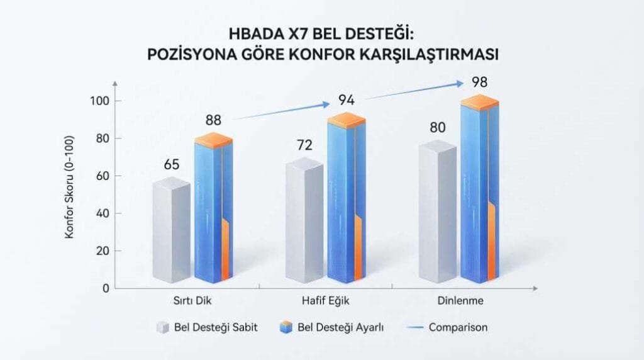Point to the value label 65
pos(172,165)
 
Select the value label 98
pos(480,82)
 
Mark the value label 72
pos(305,145)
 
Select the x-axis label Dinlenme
pos(460,301)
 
